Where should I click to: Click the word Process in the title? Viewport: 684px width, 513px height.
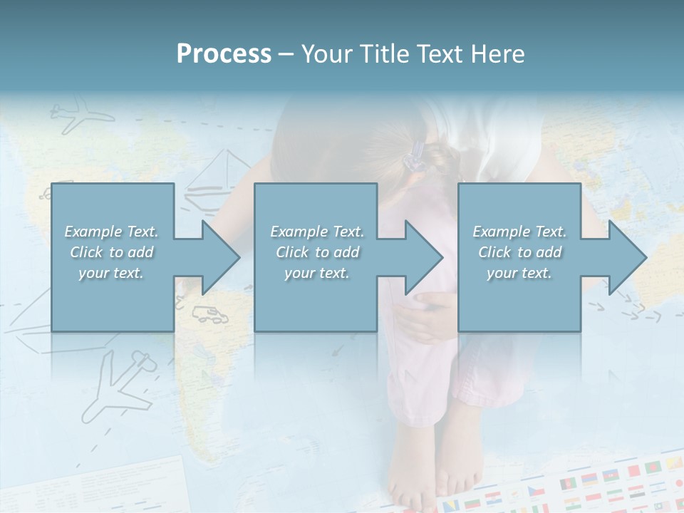[x=224, y=54]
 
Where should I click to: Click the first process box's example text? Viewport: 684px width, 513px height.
[x=111, y=252]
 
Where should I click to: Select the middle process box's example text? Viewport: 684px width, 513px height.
[x=316, y=252]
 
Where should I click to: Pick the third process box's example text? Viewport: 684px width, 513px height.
[x=519, y=252]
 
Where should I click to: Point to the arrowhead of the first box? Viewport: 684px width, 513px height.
[x=221, y=258]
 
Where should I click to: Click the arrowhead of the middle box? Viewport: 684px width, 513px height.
[x=424, y=258]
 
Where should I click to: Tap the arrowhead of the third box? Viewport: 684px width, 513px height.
[x=628, y=258]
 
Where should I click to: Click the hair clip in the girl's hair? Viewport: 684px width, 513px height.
[x=415, y=156]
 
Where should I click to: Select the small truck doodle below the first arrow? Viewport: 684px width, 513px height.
[x=206, y=313]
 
